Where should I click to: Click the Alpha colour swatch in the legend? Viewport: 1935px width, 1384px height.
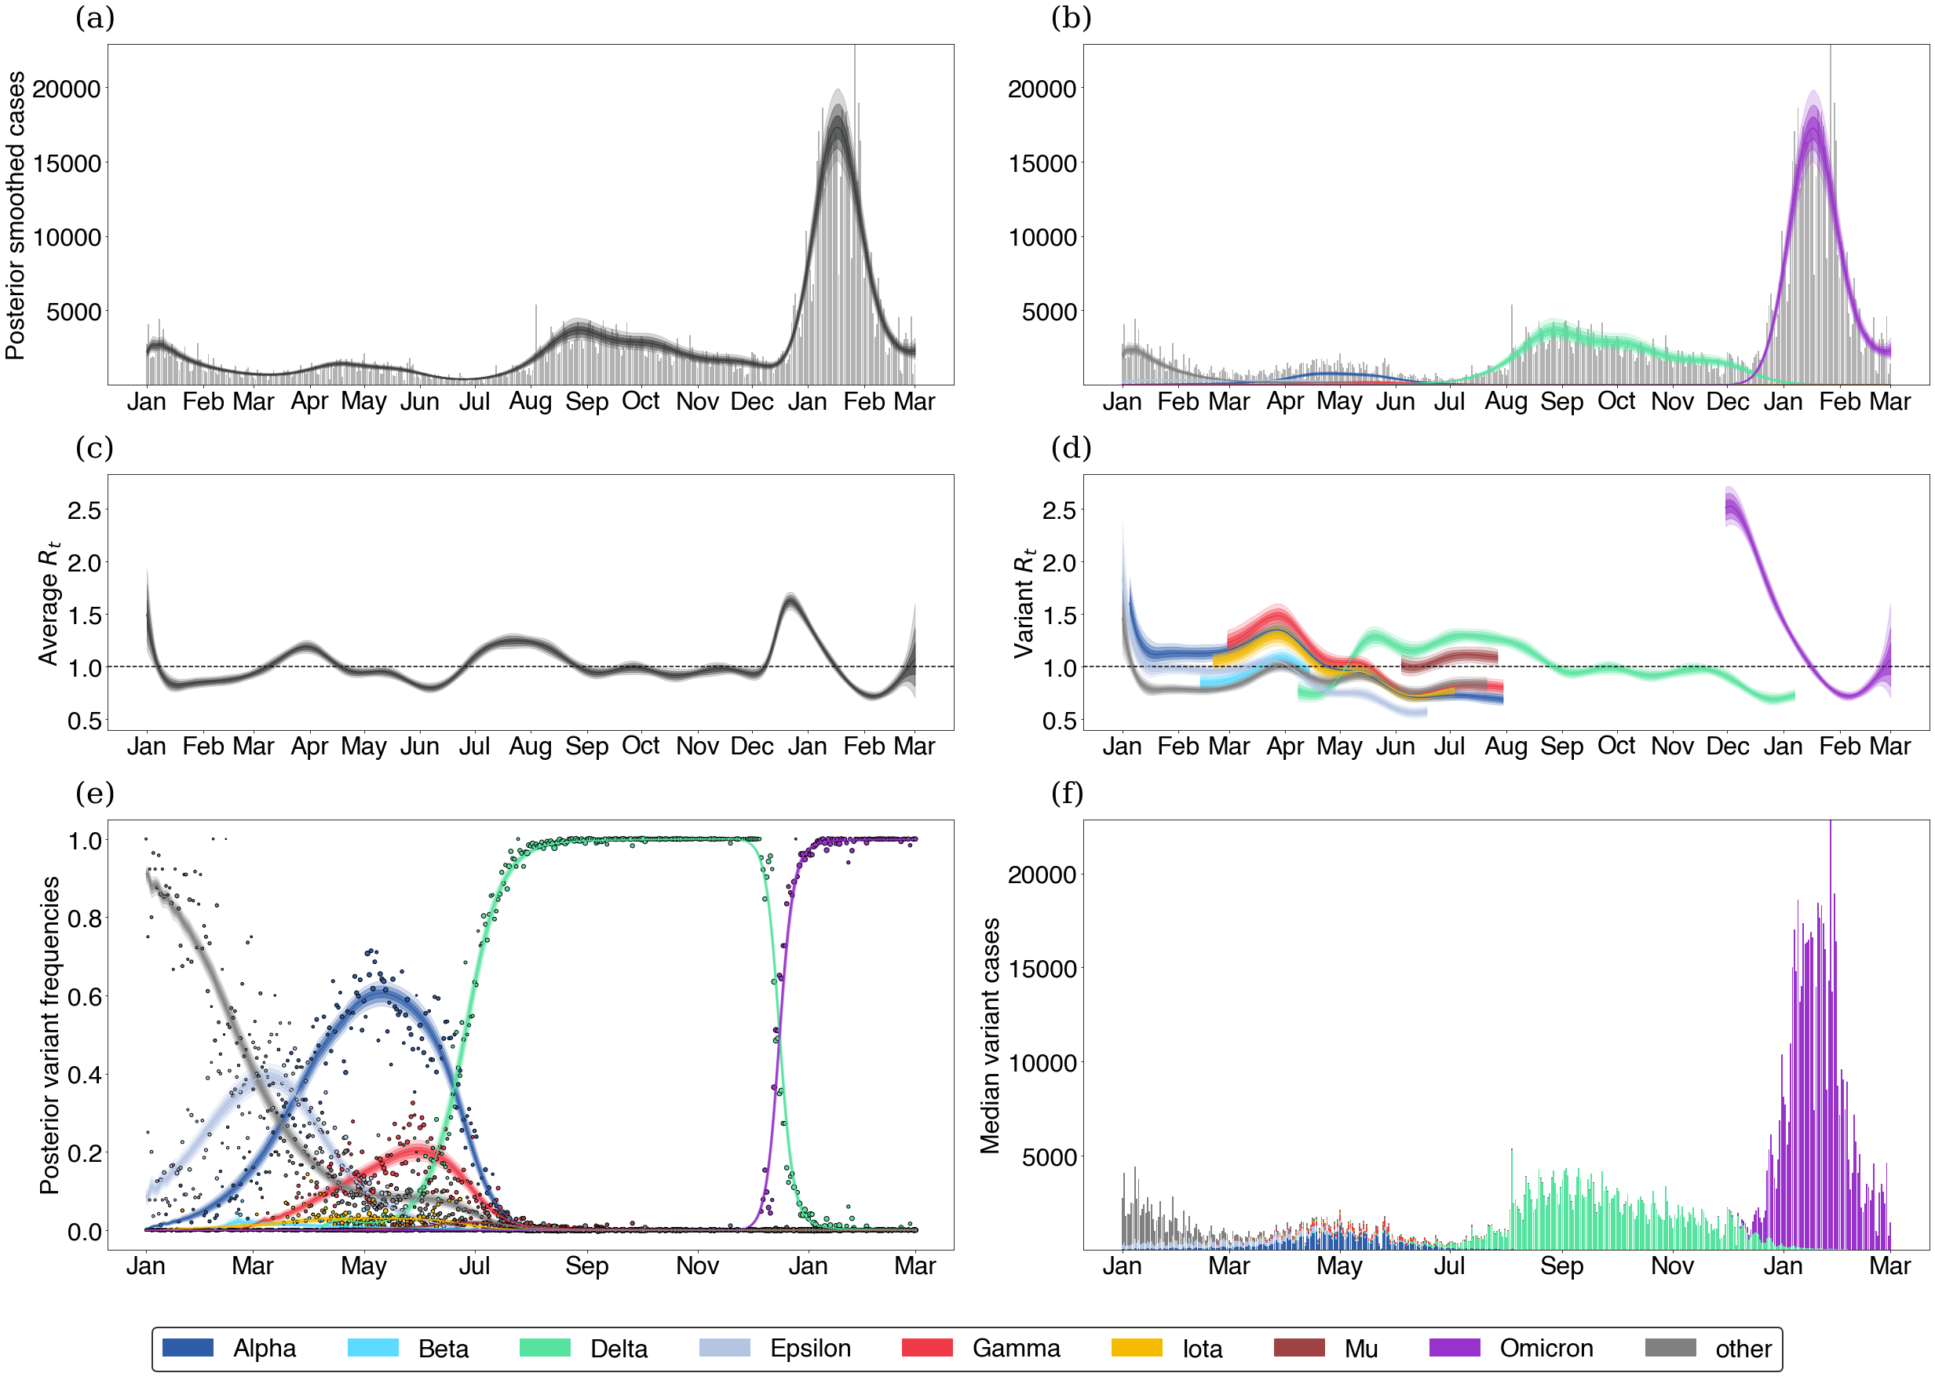tap(188, 1347)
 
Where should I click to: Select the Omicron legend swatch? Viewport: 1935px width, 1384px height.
tap(1454, 1347)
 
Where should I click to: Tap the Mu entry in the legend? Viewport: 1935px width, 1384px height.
tap(1298, 1347)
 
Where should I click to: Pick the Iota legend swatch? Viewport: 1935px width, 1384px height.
tap(1136, 1347)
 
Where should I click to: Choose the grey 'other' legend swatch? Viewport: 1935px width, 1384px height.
tap(1669, 1347)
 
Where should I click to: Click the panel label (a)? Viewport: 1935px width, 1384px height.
tap(94, 18)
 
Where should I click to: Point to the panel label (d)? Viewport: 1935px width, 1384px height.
tap(1071, 447)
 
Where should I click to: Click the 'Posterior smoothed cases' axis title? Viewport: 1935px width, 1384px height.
tap(16, 215)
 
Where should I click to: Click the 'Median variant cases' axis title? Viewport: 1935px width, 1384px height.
tap(989, 1035)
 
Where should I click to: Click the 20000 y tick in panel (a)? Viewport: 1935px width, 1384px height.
tap(67, 89)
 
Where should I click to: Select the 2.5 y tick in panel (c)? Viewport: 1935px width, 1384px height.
tap(84, 510)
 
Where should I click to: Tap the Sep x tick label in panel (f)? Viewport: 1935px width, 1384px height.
tap(1561, 1265)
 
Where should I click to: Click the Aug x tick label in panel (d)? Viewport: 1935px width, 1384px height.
tap(1506, 747)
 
